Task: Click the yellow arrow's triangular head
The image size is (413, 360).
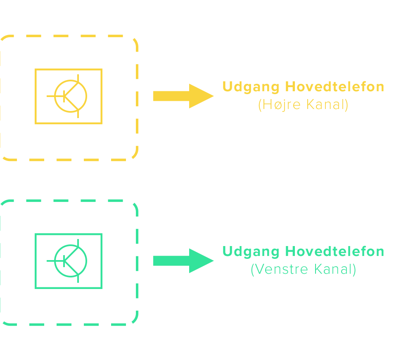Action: pos(200,96)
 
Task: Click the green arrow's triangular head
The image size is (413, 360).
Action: pos(200,261)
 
